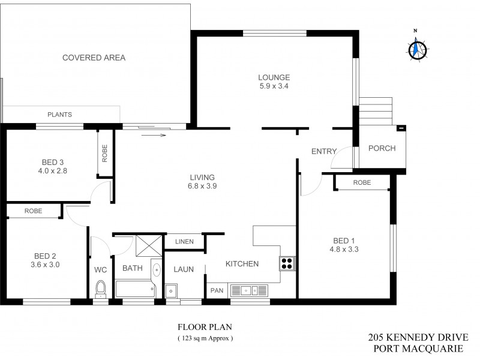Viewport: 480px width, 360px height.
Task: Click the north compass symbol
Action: point(416,47)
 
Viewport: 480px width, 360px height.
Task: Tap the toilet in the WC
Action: point(100,288)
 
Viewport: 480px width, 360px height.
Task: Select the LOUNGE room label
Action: point(274,77)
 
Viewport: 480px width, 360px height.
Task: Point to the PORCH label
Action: point(382,148)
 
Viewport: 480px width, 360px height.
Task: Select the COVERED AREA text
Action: point(94,58)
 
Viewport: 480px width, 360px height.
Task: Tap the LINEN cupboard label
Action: point(184,241)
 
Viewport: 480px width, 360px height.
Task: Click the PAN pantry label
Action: point(216,290)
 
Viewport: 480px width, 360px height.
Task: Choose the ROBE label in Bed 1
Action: point(362,182)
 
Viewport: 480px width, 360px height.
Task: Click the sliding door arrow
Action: point(154,135)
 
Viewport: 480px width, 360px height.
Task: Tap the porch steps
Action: point(376,111)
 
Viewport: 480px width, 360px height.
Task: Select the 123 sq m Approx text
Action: point(205,338)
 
